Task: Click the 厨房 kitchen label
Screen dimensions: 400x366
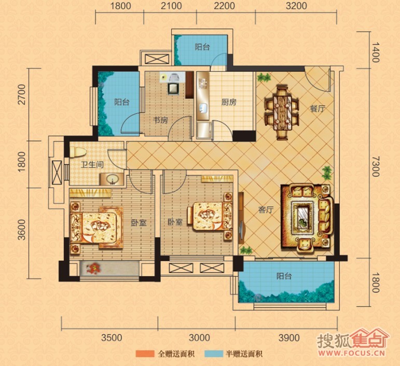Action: point(229,103)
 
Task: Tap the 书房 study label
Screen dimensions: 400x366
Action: point(160,120)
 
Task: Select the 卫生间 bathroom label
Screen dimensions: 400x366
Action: point(92,165)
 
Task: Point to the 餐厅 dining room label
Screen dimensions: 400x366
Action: point(318,109)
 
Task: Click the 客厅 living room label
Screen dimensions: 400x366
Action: point(266,210)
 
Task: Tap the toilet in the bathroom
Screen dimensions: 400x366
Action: point(78,152)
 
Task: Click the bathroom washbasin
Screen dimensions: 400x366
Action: point(112,179)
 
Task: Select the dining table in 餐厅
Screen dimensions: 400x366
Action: point(282,112)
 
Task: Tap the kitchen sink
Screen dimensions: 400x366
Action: point(203,108)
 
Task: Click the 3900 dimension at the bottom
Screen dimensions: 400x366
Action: point(289,337)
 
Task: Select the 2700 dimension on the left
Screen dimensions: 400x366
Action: point(22,94)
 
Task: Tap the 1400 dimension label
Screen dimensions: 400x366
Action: point(375,52)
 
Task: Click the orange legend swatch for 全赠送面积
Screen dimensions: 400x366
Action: point(145,354)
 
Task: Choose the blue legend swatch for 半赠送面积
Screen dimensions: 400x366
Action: point(214,354)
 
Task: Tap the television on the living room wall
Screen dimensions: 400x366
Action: point(241,230)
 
